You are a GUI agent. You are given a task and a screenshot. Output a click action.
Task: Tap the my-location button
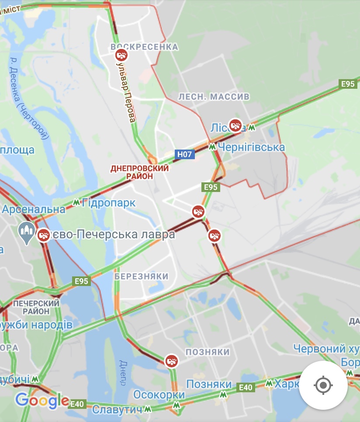pyautogui.click(x=323, y=385)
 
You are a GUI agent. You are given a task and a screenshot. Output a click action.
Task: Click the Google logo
pyautogui.click(x=42, y=400)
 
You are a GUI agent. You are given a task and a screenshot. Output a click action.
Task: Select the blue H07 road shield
pyautogui.click(x=184, y=154)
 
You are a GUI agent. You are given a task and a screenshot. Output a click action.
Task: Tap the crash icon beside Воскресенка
pyautogui.click(x=121, y=56)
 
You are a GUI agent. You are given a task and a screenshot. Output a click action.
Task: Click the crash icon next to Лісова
pyautogui.click(x=236, y=125)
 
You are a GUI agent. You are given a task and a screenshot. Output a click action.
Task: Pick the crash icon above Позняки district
pyautogui.click(x=171, y=361)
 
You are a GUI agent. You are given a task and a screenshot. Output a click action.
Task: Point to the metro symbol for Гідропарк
pyautogui.click(x=76, y=202)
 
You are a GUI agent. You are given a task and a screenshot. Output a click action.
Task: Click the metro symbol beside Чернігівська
pyautogui.click(x=212, y=147)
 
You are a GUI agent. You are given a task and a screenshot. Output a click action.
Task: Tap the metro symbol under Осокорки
pyautogui.click(x=177, y=405)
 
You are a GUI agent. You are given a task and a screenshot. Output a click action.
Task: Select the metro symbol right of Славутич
pyautogui.click(x=148, y=410)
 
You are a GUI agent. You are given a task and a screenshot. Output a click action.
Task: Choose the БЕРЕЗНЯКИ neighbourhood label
pyautogui.click(x=142, y=276)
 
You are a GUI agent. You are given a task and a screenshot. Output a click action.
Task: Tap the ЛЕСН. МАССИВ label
pyautogui.click(x=214, y=96)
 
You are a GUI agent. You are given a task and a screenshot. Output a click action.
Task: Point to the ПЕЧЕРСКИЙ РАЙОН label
pyautogui.click(x=36, y=307)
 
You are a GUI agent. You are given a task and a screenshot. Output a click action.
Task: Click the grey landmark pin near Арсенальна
pyautogui.click(x=26, y=231)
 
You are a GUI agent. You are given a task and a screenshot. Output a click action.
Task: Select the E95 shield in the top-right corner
pyautogui.click(x=348, y=84)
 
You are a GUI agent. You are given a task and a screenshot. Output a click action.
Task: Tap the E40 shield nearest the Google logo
pyautogui.click(x=77, y=405)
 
